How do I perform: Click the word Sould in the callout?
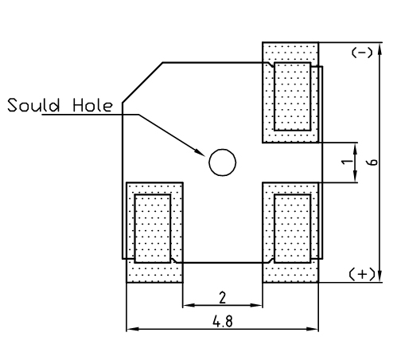coord(33,105)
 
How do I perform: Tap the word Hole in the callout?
coord(92,105)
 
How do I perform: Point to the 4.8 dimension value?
coord(222,321)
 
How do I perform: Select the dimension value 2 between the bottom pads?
coord(222,297)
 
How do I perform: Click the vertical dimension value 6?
coord(373,162)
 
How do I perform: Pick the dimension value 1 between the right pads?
coord(347,161)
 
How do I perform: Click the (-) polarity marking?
coord(362,53)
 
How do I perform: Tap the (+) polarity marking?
coord(362,274)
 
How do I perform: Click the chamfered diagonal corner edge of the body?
coord(142,83)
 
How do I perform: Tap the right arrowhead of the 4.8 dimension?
coord(312,329)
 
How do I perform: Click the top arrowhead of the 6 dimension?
coord(380,50)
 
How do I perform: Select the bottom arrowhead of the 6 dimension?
coord(380,276)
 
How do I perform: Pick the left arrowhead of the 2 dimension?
coord(189,305)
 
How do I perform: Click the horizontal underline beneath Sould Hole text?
coord(90,115)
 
